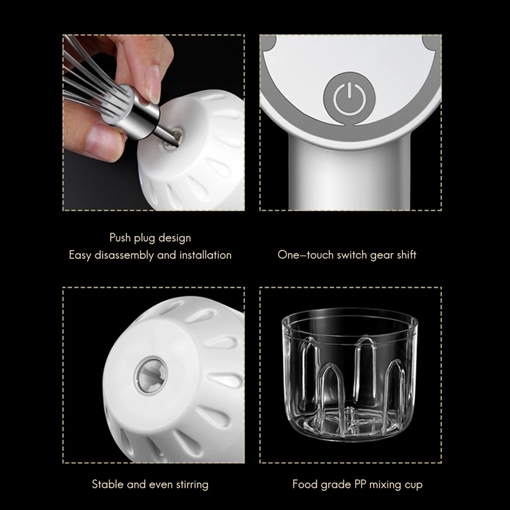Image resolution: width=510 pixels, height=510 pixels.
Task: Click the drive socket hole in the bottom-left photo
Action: coord(152,374)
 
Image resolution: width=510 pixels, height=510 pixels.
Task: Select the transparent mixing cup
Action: coord(350,376)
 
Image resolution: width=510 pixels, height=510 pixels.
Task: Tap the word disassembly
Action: coord(124,255)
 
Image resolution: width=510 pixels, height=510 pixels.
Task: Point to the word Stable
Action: coord(108,484)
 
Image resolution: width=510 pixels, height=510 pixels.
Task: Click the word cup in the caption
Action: coord(412,484)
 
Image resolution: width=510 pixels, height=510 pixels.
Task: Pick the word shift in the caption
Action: coord(404,255)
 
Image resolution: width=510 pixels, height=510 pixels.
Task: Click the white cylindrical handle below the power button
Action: coord(350,172)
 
